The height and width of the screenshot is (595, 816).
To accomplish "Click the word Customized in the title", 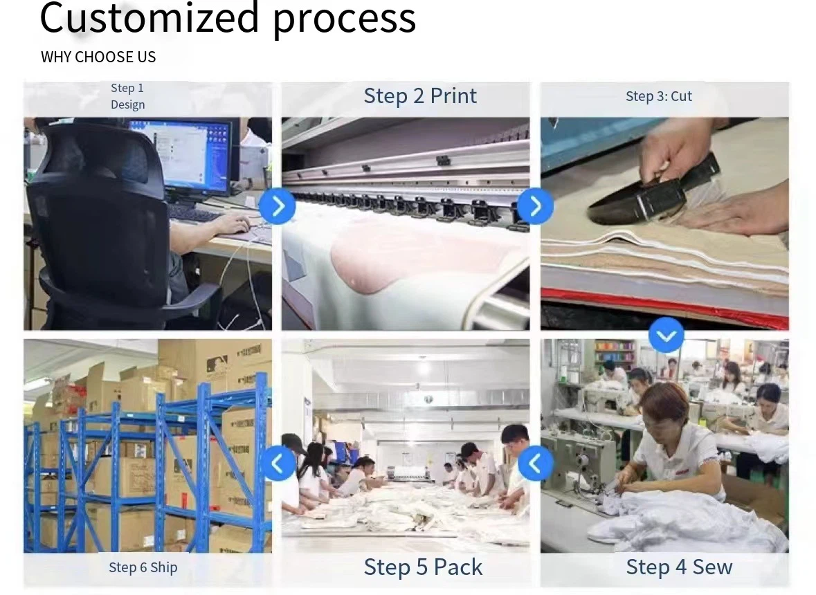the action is click(149, 17).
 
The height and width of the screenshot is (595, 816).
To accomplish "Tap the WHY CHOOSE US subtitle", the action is click(98, 57).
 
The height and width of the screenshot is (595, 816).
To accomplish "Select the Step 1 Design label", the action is click(127, 96).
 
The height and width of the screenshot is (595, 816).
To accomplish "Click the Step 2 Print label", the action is click(420, 96).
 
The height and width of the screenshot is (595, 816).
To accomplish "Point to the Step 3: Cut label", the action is click(659, 96).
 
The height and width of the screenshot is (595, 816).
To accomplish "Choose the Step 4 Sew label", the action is click(679, 567).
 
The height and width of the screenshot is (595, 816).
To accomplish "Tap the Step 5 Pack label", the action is click(423, 567).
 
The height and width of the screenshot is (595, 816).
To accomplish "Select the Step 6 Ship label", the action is click(143, 567).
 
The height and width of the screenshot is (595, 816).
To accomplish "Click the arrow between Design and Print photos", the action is click(278, 206).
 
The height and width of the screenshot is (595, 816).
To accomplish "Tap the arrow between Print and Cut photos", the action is click(536, 206).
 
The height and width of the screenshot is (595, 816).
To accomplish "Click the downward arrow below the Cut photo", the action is click(666, 335).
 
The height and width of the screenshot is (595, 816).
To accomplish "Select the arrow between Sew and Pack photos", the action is click(536, 464).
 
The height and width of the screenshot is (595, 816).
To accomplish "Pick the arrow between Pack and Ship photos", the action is click(278, 464).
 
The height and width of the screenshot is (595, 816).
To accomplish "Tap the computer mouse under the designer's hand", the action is click(242, 228).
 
